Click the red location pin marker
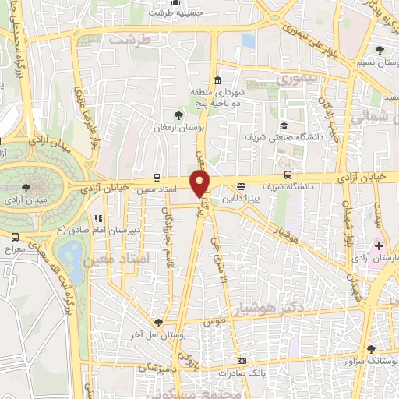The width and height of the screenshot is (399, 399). click(200, 183)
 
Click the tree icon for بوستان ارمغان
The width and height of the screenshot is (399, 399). click(179, 115)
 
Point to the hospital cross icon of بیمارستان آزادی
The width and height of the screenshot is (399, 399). click(378, 246)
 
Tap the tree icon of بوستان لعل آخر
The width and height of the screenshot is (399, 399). click(159, 322)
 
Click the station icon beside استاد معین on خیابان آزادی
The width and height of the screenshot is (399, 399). click(157, 177)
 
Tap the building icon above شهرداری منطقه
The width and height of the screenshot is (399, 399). click(216, 81)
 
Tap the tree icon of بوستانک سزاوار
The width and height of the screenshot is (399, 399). click(371, 350)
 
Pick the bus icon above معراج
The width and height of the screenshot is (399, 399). click(16, 236)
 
